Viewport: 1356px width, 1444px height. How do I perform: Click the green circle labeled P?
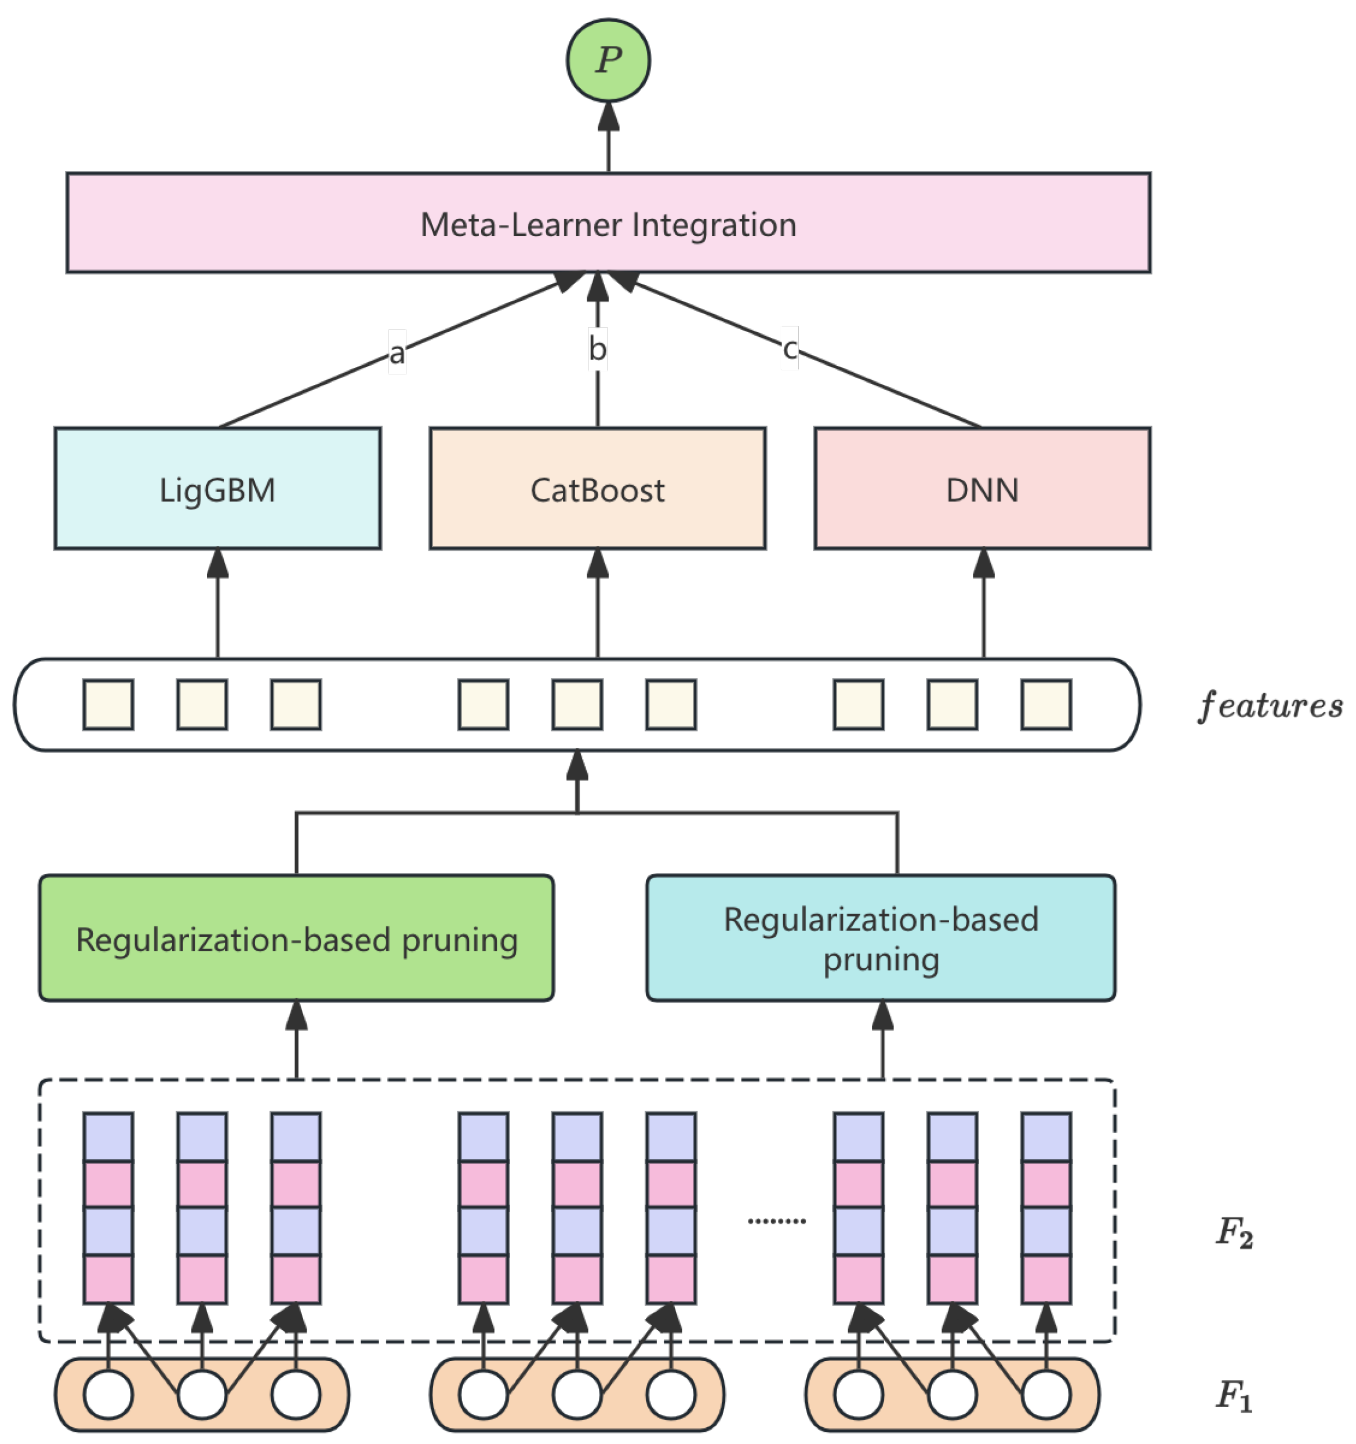608,60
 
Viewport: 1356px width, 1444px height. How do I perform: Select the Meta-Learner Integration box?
608,223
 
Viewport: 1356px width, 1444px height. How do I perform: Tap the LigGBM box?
217,489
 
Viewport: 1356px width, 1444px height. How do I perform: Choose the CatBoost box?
597,489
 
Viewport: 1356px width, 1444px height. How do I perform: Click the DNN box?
982,489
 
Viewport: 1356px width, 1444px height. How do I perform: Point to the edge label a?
397,353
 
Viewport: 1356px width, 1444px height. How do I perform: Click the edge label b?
597,348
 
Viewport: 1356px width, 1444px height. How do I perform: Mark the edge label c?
790,348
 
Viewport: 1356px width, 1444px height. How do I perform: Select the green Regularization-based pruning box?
296,939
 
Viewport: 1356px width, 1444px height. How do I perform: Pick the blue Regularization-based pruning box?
880,939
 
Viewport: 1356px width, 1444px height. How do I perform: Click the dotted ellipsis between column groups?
776,1221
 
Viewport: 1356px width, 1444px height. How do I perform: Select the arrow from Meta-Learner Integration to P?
608,138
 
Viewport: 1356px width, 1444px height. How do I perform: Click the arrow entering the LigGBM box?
217,603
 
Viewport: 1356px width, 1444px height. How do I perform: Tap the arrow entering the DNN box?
983,603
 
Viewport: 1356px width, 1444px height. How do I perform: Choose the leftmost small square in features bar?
108,704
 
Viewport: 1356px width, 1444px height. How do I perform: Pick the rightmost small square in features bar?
1046,704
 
